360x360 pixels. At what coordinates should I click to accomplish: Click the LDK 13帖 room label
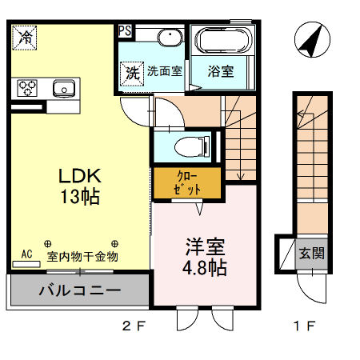coord(78,186)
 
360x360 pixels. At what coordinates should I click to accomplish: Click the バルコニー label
coord(78,290)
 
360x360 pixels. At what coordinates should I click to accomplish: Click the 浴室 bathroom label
coord(222,71)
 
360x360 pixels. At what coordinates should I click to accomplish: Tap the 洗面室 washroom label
coord(165,71)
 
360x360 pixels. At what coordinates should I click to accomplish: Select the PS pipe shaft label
coord(125,31)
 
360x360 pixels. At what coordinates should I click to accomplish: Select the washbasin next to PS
coord(166,38)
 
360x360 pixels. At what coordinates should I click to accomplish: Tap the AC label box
coord(26,255)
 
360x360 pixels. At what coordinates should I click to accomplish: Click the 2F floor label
coord(134,326)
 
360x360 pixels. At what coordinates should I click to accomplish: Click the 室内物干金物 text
coord(82,256)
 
